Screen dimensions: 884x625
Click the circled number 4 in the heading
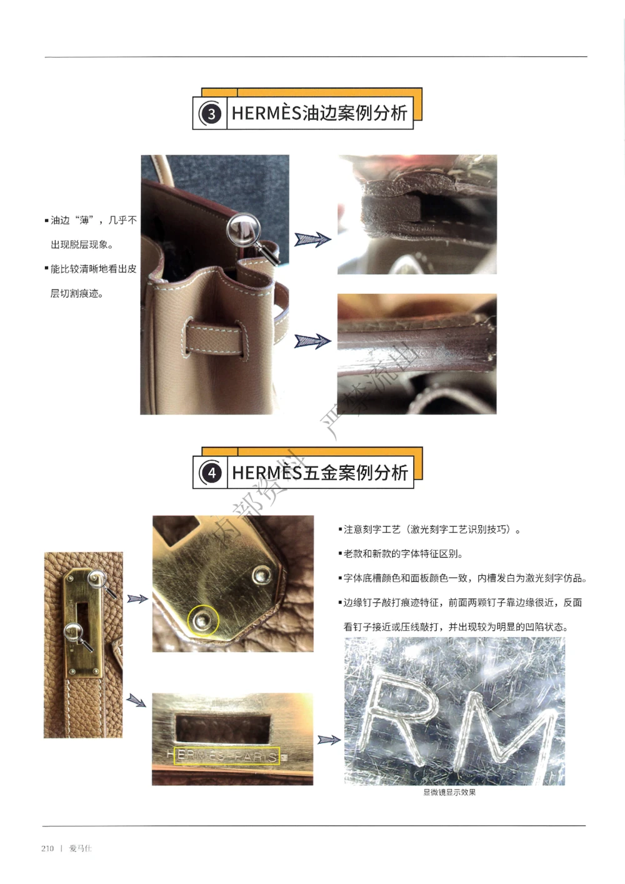(212, 473)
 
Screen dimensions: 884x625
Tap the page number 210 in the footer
(47, 848)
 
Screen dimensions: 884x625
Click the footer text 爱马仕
(81, 848)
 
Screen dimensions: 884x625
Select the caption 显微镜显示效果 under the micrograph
(449, 793)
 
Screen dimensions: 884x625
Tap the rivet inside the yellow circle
(202, 620)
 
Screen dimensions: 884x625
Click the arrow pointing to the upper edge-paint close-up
(312, 239)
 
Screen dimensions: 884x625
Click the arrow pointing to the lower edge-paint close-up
(312, 341)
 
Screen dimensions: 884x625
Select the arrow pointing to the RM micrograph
(329, 740)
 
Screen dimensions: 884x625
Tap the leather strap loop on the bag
(213, 338)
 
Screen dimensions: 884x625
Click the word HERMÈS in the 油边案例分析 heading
(267, 113)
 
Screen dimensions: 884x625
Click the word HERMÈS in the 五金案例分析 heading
(267, 473)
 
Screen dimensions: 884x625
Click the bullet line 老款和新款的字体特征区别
(403, 554)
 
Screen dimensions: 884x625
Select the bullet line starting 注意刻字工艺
(431, 530)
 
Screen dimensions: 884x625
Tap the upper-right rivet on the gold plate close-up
(261, 574)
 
